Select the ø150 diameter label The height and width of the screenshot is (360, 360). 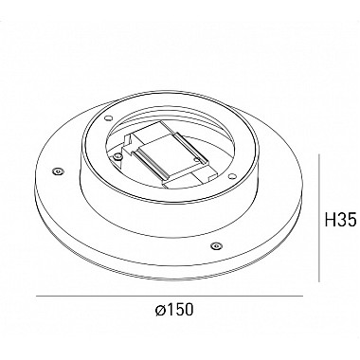(174, 310)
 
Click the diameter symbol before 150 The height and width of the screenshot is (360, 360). (160, 311)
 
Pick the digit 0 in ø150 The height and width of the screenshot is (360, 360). (188, 310)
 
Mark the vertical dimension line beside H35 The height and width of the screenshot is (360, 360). (319, 218)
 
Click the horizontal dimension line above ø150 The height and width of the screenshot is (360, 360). (170, 297)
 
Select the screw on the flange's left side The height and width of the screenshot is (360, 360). (58, 171)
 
